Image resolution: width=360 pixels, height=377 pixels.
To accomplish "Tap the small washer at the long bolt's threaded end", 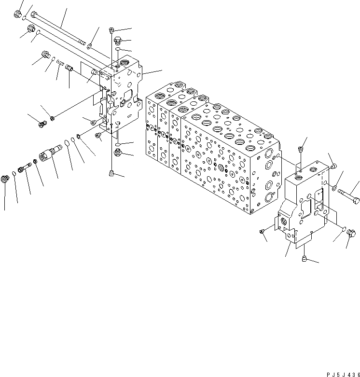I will [90, 46].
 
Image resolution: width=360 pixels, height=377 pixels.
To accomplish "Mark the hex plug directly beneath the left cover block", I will [118, 154].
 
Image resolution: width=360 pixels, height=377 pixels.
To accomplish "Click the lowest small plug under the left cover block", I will [112, 172].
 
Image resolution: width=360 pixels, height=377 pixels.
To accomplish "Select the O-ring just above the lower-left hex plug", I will [118, 144].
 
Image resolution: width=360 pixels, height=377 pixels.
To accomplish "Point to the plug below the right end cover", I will [305, 259].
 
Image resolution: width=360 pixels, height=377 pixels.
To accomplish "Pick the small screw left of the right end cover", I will [262, 232].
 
